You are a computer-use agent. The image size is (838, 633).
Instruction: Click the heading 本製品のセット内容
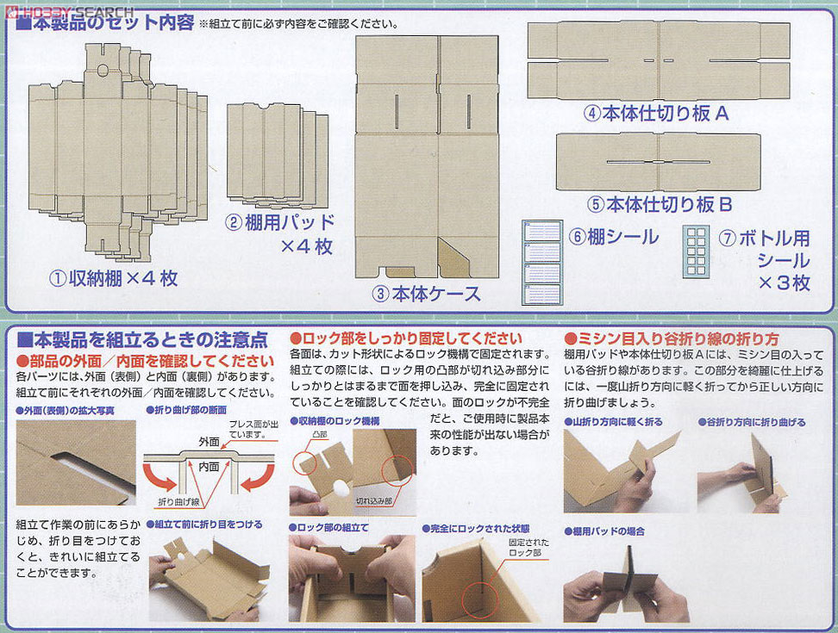(105, 23)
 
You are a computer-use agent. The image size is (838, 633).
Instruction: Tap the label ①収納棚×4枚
(113, 278)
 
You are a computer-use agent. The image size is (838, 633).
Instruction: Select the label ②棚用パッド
(280, 222)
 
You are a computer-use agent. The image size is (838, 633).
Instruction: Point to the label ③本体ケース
(426, 294)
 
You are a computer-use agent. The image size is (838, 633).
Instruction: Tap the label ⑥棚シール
(612, 237)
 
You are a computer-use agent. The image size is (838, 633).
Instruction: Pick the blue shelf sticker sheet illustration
(541, 263)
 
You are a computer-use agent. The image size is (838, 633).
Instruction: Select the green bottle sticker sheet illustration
(696, 252)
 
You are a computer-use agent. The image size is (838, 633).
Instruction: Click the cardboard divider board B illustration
(658, 162)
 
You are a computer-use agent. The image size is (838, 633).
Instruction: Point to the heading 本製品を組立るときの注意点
(142, 338)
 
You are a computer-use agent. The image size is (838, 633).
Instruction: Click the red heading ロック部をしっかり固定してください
(405, 338)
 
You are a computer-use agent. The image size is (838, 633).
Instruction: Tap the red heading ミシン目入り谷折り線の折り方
(672, 338)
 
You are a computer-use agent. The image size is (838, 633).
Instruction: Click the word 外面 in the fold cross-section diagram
(210, 441)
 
